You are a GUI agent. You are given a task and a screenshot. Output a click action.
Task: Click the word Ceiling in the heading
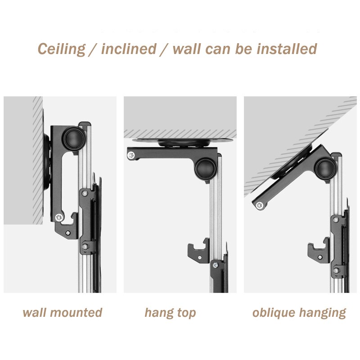[61, 49]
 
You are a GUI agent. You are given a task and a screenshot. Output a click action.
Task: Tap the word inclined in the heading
[129, 49]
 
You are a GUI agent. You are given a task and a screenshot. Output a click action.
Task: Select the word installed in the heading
[287, 49]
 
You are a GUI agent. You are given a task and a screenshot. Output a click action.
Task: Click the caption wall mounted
[63, 312]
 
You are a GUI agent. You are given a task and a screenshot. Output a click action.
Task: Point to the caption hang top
[170, 313]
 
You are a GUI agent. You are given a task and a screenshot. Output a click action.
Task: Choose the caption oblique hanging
[299, 313]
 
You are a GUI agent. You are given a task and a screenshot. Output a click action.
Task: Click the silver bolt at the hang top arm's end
[131, 155]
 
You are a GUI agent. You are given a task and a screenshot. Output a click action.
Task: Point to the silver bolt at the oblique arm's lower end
[260, 205]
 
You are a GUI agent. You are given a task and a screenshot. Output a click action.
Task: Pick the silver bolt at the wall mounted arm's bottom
[59, 217]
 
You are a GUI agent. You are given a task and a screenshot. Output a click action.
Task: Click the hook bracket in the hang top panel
[198, 252]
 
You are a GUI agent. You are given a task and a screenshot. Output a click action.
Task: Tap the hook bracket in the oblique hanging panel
[319, 251]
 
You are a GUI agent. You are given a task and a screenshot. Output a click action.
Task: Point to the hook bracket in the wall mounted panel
[67, 226]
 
